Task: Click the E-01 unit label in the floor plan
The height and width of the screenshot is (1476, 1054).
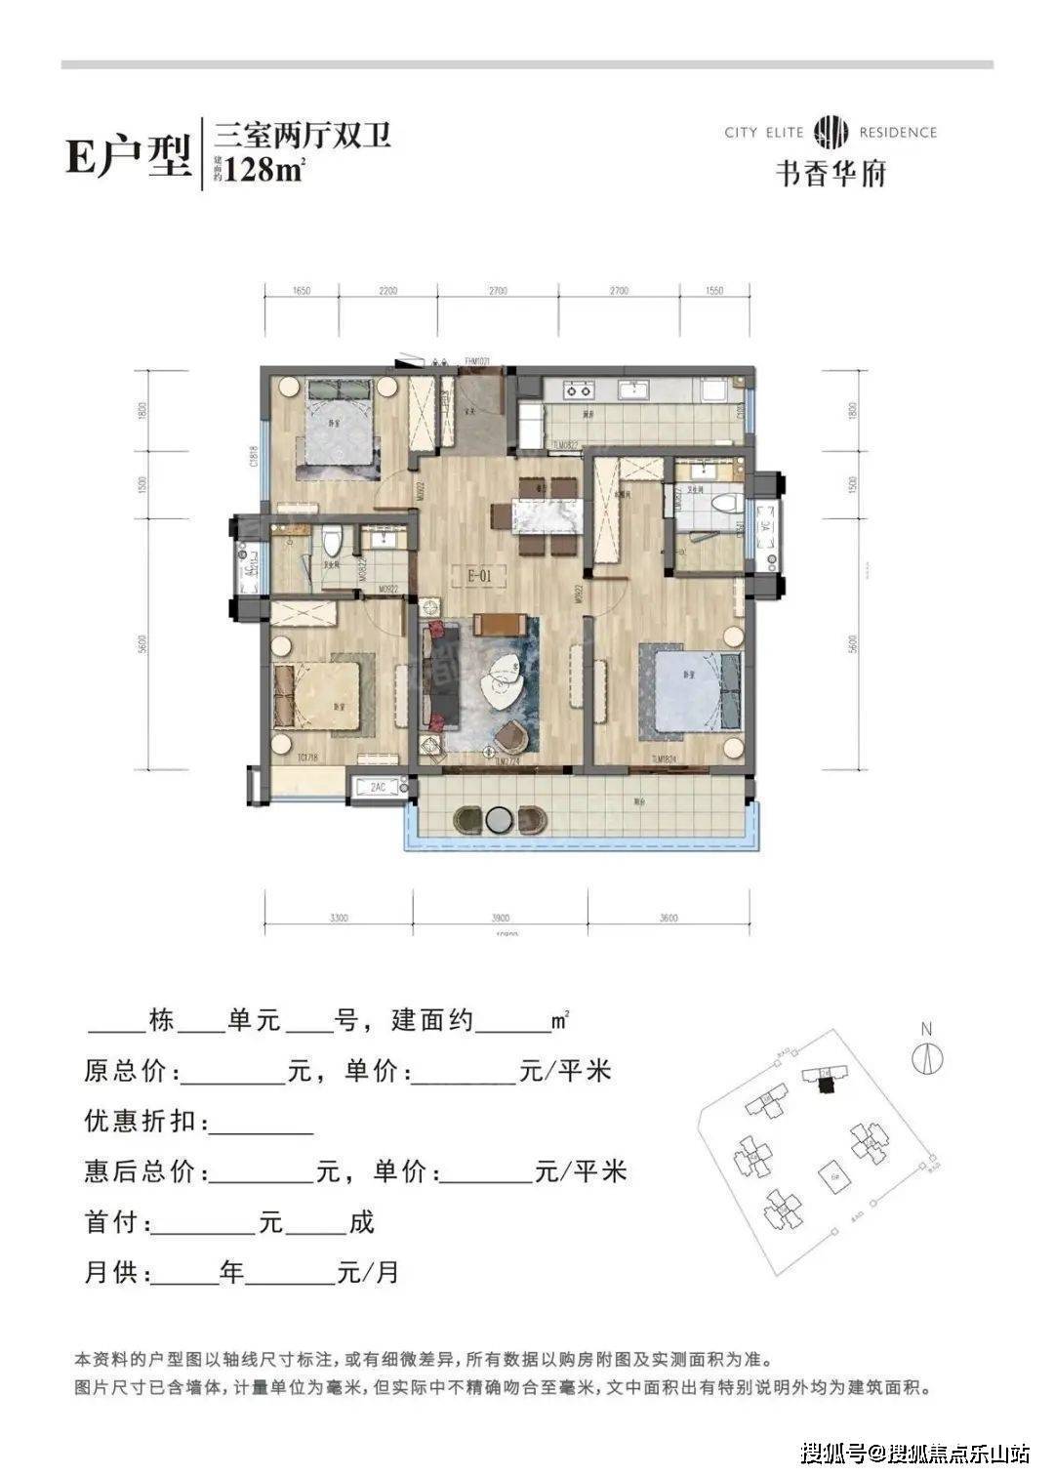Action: (478, 576)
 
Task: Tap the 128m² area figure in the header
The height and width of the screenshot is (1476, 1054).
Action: (265, 169)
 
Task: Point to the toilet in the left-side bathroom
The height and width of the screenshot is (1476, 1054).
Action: (334, 540)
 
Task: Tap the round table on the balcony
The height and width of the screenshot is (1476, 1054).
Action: (499, 818)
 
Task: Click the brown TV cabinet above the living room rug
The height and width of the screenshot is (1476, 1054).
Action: (501, 624)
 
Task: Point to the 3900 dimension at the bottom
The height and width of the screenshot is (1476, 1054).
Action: (501, 918)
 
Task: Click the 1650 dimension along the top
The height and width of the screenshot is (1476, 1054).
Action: (301, 291)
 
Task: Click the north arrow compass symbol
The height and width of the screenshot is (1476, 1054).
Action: (926, 1059)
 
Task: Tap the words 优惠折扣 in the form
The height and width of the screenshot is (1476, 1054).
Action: (145, 1122)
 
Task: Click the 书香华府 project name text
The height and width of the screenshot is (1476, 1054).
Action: (830, 173)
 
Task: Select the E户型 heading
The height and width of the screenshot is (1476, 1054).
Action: (127, 155)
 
